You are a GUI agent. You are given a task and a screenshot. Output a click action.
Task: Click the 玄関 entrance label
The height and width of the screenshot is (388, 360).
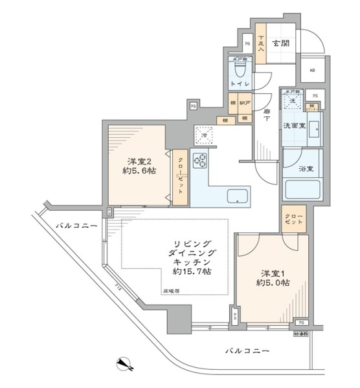tap(280, 43)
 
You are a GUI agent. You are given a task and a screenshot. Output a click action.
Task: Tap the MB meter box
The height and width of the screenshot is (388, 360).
tap(311, 70)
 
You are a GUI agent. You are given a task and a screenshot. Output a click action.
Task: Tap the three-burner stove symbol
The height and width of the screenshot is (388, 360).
tap(200, 159)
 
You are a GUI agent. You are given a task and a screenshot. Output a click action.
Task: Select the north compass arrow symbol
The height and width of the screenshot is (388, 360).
tap(125, 364)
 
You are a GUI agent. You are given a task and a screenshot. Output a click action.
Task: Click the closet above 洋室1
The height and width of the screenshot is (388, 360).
tap(293, 218)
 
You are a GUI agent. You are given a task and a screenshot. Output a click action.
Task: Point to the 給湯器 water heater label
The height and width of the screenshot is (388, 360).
tap(302, 334)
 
